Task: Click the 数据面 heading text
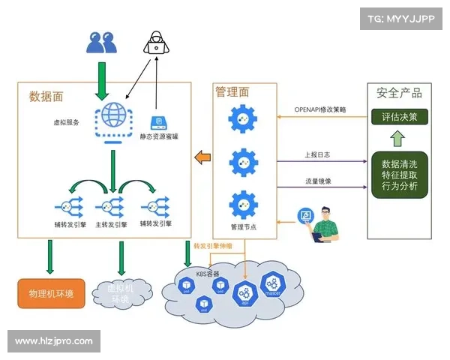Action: (45, 96)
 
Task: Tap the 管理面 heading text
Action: (232, 91)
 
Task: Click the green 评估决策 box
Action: (399, 117)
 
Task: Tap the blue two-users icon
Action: (101, 42)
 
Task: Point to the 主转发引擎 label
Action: (110, 223)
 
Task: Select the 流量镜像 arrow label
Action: (317, 181)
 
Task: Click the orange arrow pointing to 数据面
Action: (202, 157)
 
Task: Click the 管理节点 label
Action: (244, 226)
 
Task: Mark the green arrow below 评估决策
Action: (398, 138)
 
